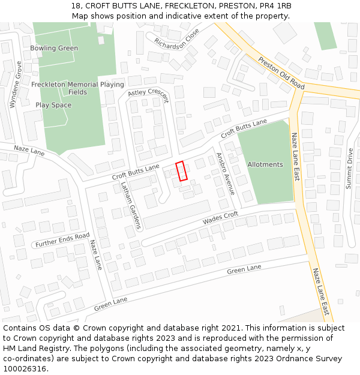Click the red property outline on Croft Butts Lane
coord(181,171)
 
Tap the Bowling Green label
coord(54,48)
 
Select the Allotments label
coord(265,164)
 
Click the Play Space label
coord(53,105)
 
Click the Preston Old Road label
coord(281,74)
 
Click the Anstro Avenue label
coord(224,175)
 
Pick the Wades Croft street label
coord(220,218)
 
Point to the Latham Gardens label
coord(130,205)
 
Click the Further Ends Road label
coord(62,240)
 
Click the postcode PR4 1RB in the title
coord(275,6)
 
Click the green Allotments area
coord(266,180)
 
